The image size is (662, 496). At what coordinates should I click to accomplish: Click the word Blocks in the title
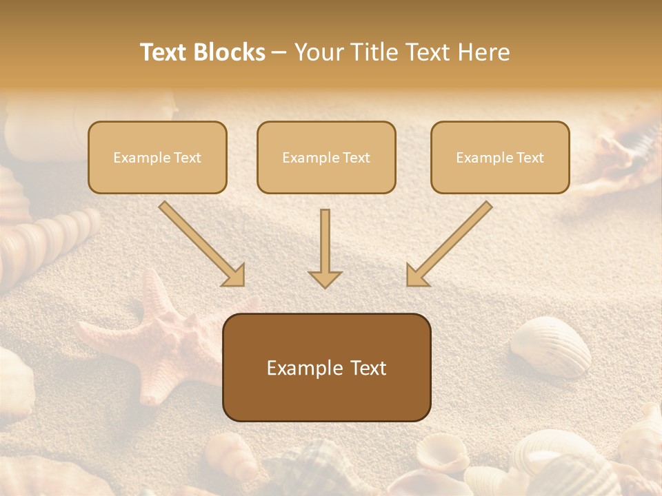[x=230, y=52]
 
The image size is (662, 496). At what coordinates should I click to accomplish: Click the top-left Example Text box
[x=157, y=157]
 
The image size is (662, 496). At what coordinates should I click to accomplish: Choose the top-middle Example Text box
[x=326, y=157]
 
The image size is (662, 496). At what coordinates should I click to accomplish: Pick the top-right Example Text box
[x=500, y=157]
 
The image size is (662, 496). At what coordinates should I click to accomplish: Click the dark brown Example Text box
[x=326, y=368]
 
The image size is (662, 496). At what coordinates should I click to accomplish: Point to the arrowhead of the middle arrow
[x=325, y=278]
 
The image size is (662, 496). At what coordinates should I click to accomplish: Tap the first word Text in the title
[x=163, y=52]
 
